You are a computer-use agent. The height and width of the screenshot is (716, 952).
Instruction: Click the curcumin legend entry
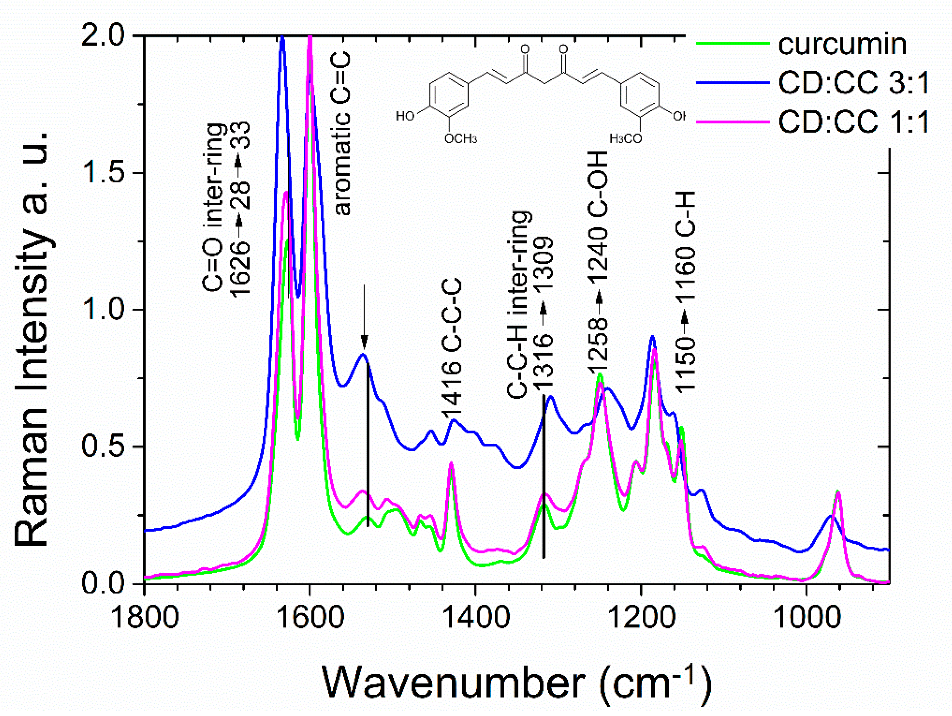pos(842,44)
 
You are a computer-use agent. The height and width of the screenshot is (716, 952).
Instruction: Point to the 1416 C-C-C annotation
pos(452,349)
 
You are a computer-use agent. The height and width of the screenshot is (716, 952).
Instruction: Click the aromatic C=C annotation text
pos(343,134)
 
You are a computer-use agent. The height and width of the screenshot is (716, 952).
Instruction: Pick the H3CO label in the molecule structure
pos(626,139)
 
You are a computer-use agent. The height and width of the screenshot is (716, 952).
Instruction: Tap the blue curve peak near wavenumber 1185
pos(652,336)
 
